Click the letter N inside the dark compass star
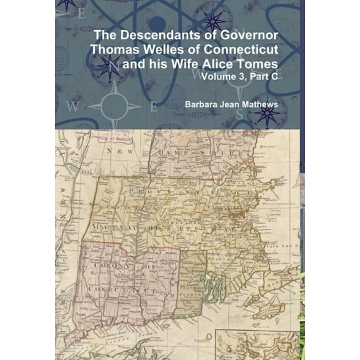coord(107,62)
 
